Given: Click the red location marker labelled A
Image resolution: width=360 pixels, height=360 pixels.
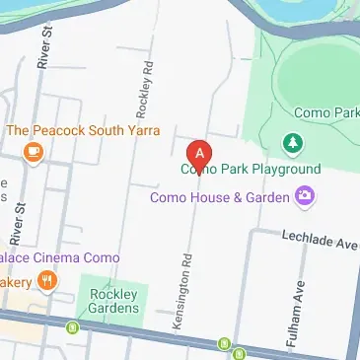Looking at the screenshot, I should pyautogui.click(x=200, y=154).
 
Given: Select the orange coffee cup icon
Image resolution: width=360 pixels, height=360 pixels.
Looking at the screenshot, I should pyautogui.click(x=34, y=152).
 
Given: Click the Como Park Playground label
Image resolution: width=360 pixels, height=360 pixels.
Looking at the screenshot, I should pyautogui.click(x=251, y=169).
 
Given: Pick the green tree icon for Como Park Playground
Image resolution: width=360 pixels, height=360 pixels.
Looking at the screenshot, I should pyautogui.click(x=293, y=145).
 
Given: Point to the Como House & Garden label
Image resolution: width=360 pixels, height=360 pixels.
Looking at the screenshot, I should pyautogui.click(x=219, y=197).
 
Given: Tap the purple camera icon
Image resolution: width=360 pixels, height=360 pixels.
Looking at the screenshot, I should pyautogui.click(x=306, y=197).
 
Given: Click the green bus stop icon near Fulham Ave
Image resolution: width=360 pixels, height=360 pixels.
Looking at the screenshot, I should pyautogui.click(x=225, y=344).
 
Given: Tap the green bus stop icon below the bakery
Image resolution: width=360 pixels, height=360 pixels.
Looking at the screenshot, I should pyautogui.click(x=71, y=327).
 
